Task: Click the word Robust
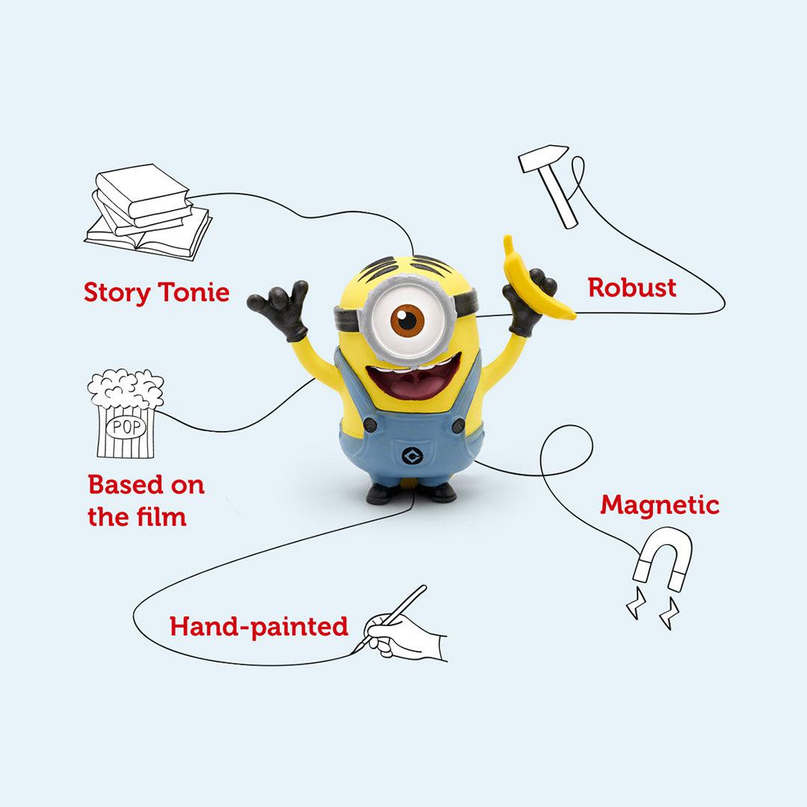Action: pyautogui.click(x=632, y=288)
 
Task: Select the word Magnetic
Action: pyautogui.click(x=660, y=505)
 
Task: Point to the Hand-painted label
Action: pyautogui.click(x=259, y=626)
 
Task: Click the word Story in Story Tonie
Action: pyautogui.click(x=116, y=292)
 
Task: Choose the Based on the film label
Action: pyautogui.click(x=146, y=500)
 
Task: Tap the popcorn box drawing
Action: pyautogui.click(x=125, y=415)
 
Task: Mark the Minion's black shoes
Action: pyautogui.click(x=411, y=492)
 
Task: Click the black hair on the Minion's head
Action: pyautogui.click(x=408, y=267)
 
